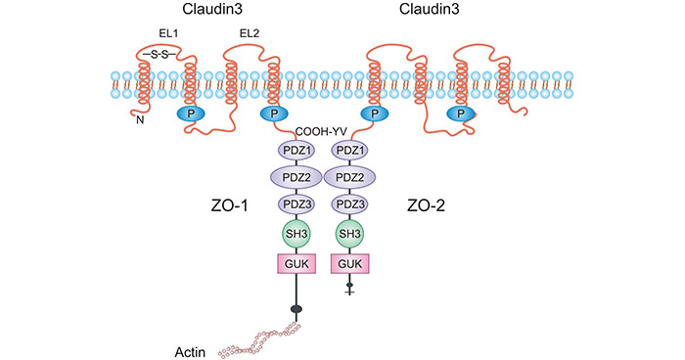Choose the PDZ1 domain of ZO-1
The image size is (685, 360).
(x=296, y=152)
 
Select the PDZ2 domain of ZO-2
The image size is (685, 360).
(x=351, y=177)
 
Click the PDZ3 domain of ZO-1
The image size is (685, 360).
(x=296, y=204)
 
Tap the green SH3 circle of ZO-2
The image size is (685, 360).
(x=351, y=235)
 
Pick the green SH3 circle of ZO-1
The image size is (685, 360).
(x=296, y=235)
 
